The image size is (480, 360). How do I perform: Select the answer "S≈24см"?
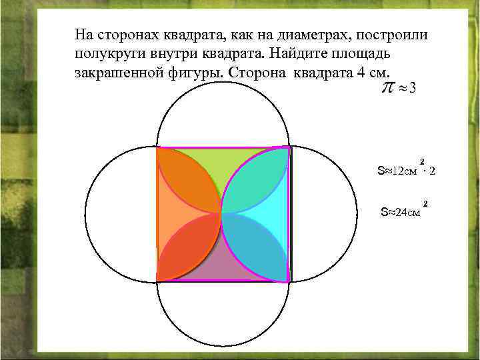tap(400, 213)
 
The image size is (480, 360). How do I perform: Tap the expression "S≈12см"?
tap(398, 171)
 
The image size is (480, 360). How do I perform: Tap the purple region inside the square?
tap(223, 267)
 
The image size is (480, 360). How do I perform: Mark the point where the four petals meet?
tap(223, 213)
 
